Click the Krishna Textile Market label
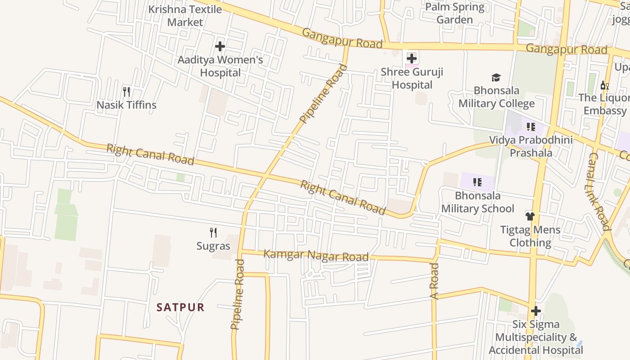pos(185,16)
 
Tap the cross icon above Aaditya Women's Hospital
pos(220,46)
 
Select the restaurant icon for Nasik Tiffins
pos(126,92)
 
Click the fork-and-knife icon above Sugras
pos(213,233)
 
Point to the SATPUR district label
pos(180,307)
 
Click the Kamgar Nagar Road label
pos(315,255)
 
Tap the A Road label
pos(434,281)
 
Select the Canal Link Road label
pos(599,191)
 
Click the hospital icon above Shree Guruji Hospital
pos(412,58)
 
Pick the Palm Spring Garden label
pos(455,13)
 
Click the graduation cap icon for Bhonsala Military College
pos(496,77)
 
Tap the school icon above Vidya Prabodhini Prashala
pos(531,127)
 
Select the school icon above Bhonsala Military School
pos(477,182)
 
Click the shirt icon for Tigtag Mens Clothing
pos(530,216)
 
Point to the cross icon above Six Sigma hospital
pos(535,311)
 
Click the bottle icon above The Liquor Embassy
pos(604,85)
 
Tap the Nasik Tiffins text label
pos(126,105)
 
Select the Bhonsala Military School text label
pos(477,202)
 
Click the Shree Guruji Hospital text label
pos(412,78)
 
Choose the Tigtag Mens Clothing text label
pos(530,236)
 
